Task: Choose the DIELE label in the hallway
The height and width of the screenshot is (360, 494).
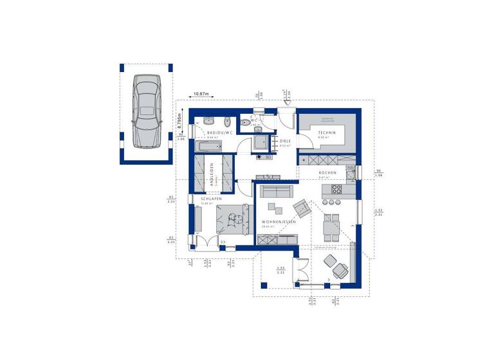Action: pyautogui.click(x=286, y=141)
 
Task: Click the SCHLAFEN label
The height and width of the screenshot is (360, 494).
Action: pyautogui.click(x=212, y=199)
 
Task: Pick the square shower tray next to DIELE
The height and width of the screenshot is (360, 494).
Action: pyautogui.click(x=262, y=143)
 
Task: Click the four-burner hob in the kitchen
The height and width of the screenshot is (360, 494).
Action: pyautogui.click(x=336, y=190)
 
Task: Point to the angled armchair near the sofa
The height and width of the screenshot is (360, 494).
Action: pyautogui.click(x=301, y=207)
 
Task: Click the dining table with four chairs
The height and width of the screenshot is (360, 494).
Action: pyautogui.click(x=331, y=226)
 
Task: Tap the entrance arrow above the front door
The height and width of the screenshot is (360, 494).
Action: pyautogui.click(x=284, y=97)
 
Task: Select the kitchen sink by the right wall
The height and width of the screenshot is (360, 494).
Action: pyautogui.click(x=351, y=172)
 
